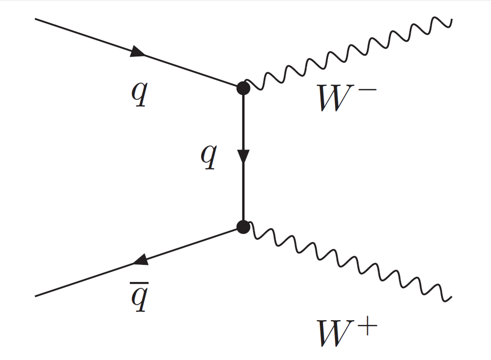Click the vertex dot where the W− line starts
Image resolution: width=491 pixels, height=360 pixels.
[243, 88]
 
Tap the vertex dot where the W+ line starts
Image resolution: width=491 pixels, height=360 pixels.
[243, 226]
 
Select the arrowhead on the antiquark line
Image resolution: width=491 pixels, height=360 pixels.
[141, 261]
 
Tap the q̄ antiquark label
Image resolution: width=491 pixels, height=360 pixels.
[139, 299]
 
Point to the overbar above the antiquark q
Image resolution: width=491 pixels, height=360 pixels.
[139, 285]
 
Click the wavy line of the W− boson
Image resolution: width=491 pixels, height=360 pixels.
[346, 54]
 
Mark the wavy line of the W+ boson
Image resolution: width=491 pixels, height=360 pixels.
[346, 261]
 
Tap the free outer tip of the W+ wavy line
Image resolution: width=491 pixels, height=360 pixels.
[451, 297]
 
